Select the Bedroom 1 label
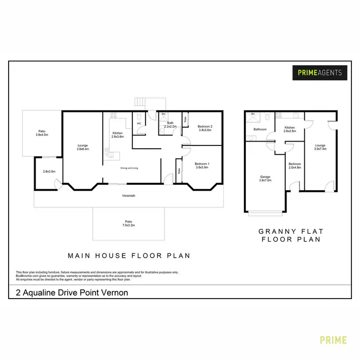click(202, 165)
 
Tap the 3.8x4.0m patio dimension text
click(42, 135)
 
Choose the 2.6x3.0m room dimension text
click(48, 171)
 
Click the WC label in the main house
click(139, 123)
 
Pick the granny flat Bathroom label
click(260, 129)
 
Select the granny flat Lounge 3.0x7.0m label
click(320, 147)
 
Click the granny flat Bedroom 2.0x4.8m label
click(294, 165)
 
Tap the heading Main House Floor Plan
click(129, 256)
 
